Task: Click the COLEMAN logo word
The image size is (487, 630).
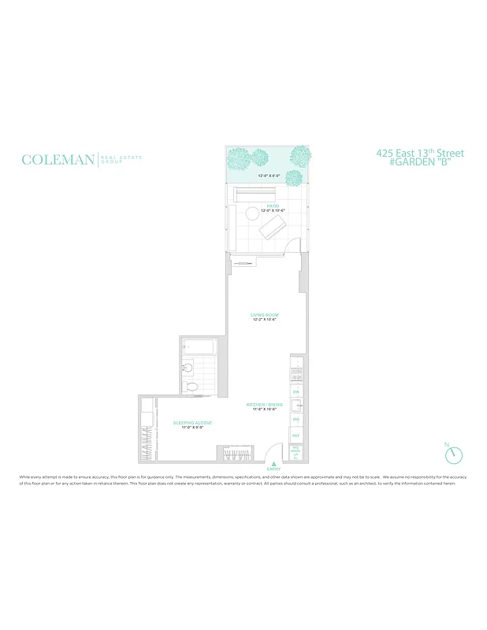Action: (x=58, y=160)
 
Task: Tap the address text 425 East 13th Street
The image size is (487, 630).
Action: (x=420, y=153)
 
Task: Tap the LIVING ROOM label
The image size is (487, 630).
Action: (x=265, y=315)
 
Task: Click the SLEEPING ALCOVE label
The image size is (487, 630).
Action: (x=192, y=423)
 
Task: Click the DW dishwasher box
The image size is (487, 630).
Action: (x=296, y=391)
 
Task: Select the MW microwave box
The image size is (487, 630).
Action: (x=296, y=421)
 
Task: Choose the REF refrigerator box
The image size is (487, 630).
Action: (x=296, y=435)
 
